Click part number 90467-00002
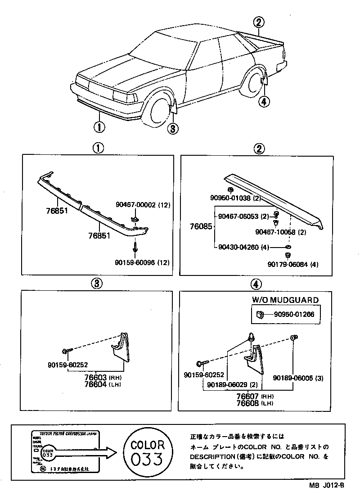coord(135,205)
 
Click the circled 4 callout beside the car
coord(264,102)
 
